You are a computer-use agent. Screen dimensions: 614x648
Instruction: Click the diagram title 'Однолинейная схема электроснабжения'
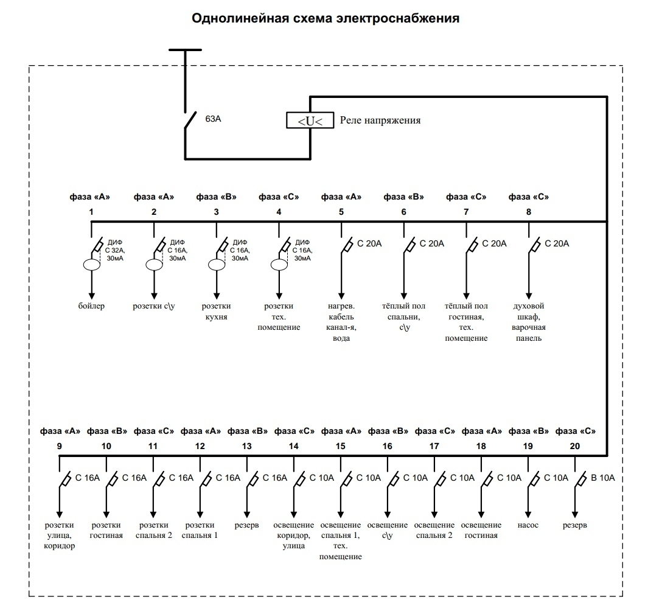[x=325, y=19]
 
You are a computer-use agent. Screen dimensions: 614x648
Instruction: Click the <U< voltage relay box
[x=310, y=120]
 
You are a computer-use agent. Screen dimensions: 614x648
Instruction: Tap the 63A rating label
[x=213, y=120]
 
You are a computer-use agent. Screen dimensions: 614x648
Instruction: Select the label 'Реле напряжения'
[x=380, y=120]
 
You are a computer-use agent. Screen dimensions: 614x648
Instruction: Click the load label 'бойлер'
[x=91, y=306]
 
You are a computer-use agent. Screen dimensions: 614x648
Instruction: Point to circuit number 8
[x=528, y=212]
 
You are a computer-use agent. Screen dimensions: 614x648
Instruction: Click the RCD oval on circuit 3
[x=216, y=265]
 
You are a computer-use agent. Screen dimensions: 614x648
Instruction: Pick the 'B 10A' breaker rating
[x=603, y=478]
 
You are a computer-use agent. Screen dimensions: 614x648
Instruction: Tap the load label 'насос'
[x=528, y=525]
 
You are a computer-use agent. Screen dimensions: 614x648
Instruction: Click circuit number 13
[x=246, y=446]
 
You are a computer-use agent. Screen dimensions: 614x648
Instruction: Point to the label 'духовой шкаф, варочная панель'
[x=528, y=322]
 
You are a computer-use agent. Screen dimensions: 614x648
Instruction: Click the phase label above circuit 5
[x=341, y=197]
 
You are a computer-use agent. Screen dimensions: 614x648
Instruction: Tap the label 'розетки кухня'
[x=216, y=312]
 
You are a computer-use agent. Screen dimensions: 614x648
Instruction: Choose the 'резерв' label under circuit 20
[x=575, y=525]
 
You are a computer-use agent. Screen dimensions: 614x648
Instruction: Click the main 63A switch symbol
[x=190, y=120]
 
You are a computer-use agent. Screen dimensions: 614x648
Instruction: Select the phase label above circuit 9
[x=60, y=431]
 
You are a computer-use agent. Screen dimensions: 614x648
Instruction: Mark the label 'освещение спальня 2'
[x=434, y=531]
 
